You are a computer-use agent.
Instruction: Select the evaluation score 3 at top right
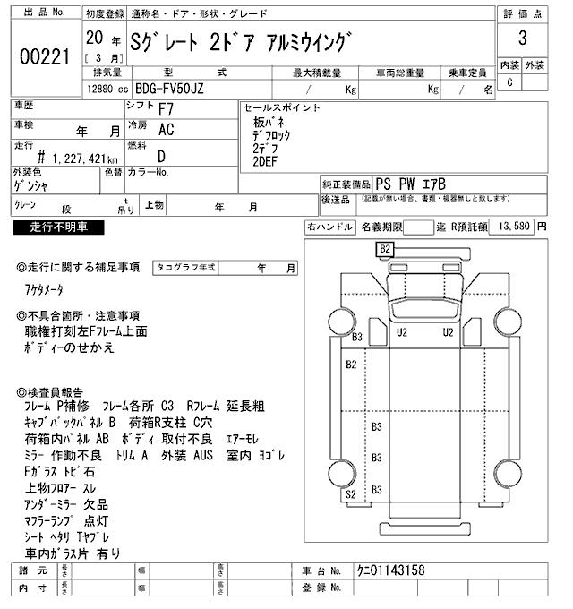521,40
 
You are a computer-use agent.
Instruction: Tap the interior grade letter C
509,82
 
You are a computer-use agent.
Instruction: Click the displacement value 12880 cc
107,90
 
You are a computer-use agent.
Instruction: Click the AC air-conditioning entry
166,129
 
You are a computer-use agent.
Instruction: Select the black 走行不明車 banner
55,227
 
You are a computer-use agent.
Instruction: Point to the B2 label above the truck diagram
386,248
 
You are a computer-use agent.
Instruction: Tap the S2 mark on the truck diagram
351,493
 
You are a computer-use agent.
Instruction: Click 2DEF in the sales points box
266,161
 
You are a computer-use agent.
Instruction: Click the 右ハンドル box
328,227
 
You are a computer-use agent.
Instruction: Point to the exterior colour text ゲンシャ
33,184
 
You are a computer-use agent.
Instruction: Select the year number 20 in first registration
94,40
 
